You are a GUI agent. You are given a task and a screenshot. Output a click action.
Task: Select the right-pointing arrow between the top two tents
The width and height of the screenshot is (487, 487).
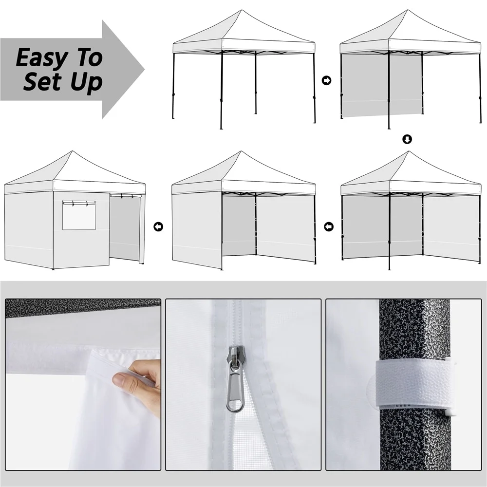327,80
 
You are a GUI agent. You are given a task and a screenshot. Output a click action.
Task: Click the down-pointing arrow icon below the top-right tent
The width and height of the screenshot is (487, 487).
408,140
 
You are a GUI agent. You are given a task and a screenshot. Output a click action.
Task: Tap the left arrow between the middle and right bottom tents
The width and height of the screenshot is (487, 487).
329,226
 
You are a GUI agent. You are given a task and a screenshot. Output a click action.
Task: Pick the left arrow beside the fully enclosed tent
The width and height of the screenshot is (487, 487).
158,226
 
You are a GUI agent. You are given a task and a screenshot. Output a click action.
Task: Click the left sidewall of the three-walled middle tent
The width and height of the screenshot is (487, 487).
197,229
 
